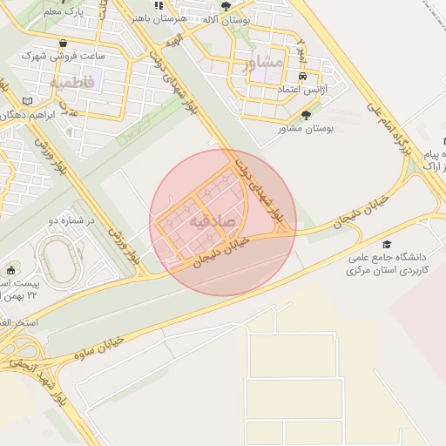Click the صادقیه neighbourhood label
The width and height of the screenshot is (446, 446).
pyautogui.click(x=222, y=220)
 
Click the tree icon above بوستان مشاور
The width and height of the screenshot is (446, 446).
pyautogui.click(x=305, y=113)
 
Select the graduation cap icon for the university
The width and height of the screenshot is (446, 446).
pyautogui.click(x=387, y=245)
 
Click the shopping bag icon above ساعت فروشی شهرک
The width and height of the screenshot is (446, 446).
pyautogui.click(x=63, y=43)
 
